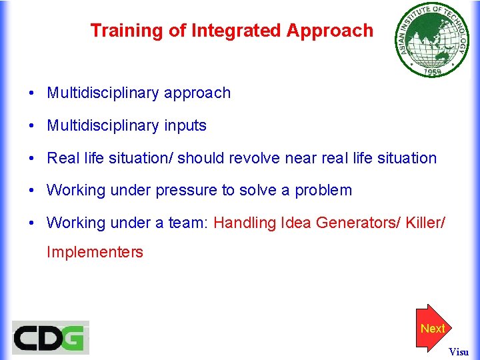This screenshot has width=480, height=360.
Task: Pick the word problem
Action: coord(323,191)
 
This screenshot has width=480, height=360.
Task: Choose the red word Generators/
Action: coord(355,223)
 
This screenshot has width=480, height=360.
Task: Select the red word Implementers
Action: coord(95,252)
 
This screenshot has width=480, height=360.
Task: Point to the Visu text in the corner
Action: coord(458,351)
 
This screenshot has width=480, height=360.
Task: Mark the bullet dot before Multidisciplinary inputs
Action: coord(31,126)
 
